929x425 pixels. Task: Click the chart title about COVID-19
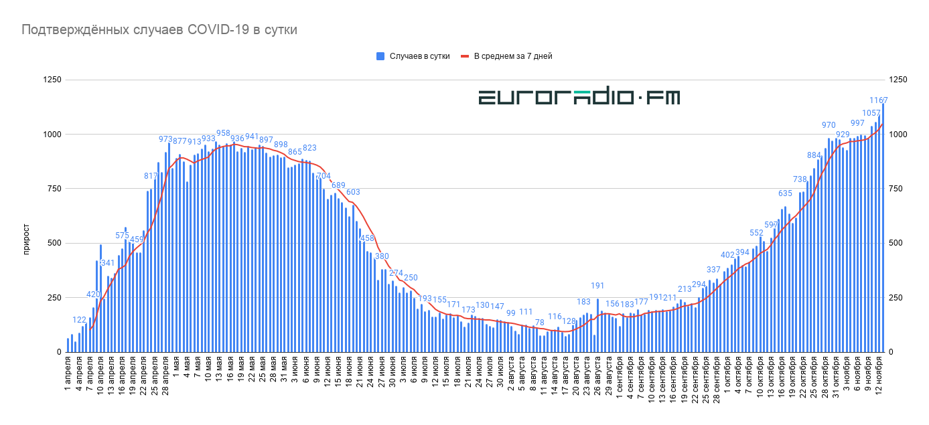[x=159, y=30]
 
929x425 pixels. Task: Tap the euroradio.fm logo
[x=579, y=98]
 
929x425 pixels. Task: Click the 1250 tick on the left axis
[x=52, y=80]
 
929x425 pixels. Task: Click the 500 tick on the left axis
[x=54, y=243]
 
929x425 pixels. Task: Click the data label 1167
[x=875, y=100]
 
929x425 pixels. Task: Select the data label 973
[x=166, y=139]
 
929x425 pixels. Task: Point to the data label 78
[x=539, y=323]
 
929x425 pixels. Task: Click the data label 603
[x=353, y=192]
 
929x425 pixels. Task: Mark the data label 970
[x=829, y=125]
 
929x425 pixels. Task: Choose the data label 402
[x=727, y=255]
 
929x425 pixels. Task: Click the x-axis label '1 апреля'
[x=68, y=374]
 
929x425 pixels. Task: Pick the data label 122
[x=79, y=320]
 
